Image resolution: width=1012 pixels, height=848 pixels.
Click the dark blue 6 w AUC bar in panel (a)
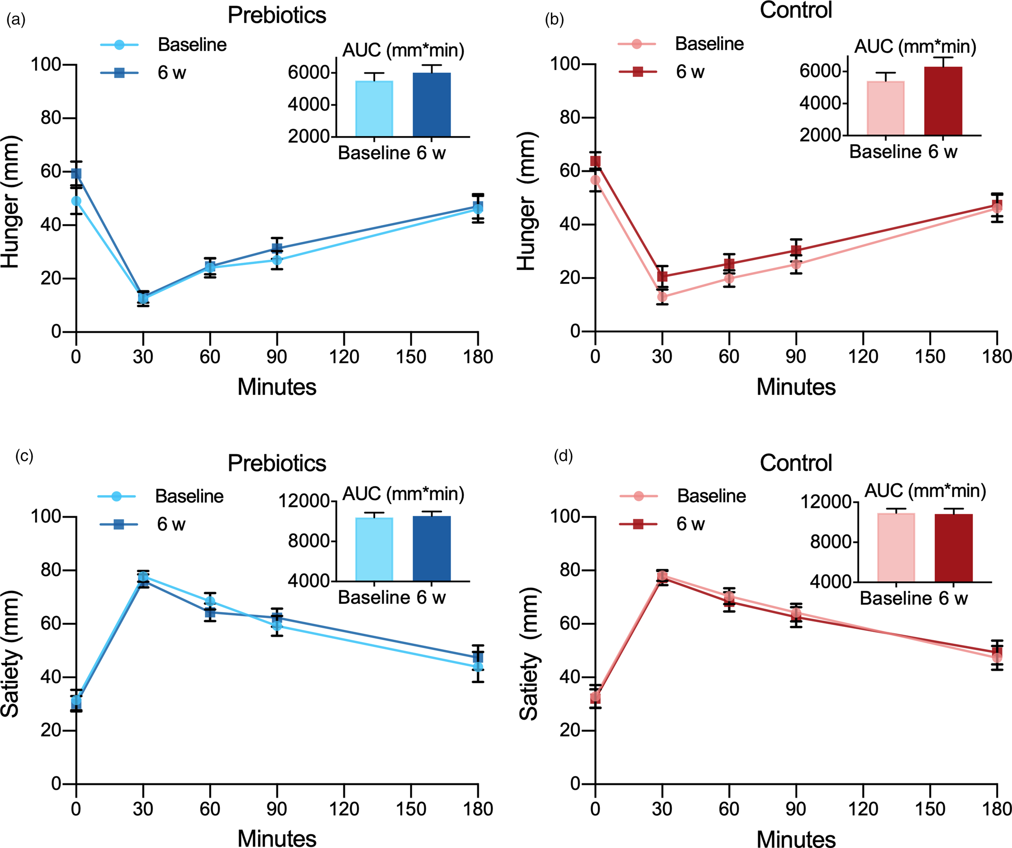431,105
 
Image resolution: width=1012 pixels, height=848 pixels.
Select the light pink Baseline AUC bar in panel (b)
886,108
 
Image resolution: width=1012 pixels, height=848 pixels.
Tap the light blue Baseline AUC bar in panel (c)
374,549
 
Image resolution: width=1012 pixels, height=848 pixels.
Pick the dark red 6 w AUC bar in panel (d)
953,548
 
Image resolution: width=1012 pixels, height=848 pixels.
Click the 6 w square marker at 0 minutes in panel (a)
76,173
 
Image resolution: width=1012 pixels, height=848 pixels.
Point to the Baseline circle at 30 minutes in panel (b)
662,297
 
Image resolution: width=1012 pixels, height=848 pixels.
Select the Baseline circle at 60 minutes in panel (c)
210,601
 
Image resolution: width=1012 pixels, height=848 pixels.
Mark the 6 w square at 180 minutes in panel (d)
997,652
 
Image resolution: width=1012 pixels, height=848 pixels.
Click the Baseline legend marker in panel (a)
119,45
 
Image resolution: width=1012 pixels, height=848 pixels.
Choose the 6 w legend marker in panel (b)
637,72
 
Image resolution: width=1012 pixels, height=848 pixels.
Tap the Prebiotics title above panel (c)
276,463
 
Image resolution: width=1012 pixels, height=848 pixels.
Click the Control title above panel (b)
796,10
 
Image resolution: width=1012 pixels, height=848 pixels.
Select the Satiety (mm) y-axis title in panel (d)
529,654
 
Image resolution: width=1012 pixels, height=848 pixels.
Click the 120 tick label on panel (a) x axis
344,356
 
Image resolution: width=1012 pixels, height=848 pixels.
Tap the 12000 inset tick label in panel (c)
304,501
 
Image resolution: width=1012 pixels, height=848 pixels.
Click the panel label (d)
563,456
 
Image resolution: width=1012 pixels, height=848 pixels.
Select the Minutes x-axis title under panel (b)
796,387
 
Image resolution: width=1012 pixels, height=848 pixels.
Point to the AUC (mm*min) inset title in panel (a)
403,50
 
